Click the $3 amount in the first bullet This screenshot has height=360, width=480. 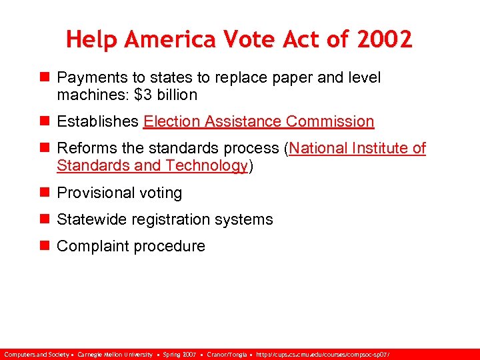(143, 95)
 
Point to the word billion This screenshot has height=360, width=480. (177, 95)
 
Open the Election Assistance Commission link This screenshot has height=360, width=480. (259, 121)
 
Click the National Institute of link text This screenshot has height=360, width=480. (357, 148)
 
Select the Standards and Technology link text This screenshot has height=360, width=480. (152, 165)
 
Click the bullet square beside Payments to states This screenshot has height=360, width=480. (45, 78)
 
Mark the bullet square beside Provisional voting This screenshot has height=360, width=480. (45, 193)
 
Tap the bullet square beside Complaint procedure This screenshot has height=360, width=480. (45, 246)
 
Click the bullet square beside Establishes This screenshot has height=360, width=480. (45, 121)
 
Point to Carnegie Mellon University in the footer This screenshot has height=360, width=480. (115, 354)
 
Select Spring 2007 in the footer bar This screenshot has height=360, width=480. (179, 354)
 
